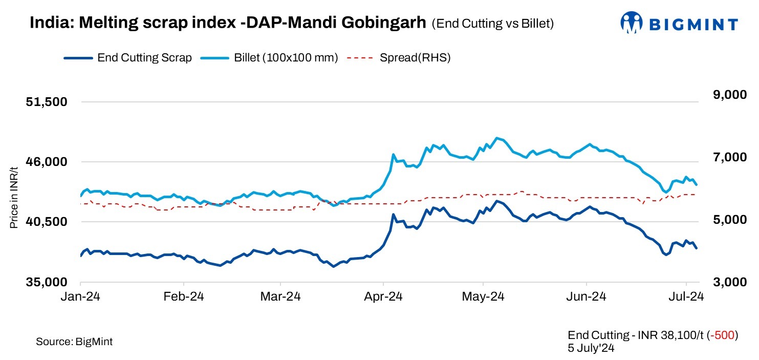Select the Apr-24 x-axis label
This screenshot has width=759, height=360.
click(383, 297)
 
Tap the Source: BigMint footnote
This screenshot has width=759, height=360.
click(74, 342)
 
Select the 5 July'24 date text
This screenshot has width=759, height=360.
click(591, 348)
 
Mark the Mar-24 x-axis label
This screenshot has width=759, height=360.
click(280, 297)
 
